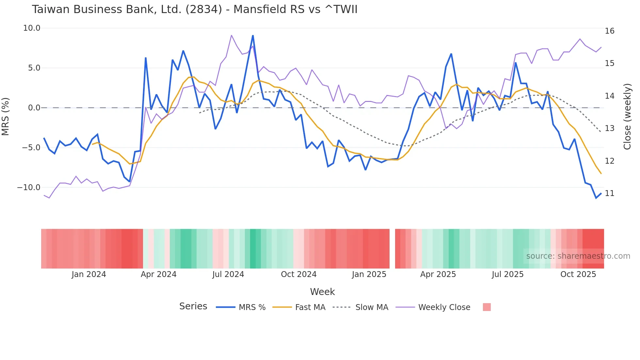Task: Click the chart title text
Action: pos(195,9)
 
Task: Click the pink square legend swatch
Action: pos(487,307)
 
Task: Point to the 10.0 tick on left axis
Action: pos(32,28)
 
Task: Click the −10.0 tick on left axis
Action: pos(29,188)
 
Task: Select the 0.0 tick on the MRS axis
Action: pos(34,108)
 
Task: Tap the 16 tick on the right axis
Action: pos(609,31)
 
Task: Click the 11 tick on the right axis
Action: pos(609,193)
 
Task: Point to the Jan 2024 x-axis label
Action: pos(89,274)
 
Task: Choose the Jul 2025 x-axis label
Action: pos(507,274)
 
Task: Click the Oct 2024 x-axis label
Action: pos(298,274)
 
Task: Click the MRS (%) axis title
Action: pos(6,116)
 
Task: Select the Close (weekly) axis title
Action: pos(627,117)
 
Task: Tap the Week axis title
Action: pos(322,292)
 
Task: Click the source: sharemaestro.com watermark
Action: pos(578,256)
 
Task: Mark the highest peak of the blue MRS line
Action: pos(253,36)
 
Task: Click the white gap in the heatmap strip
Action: pos(392,249)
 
